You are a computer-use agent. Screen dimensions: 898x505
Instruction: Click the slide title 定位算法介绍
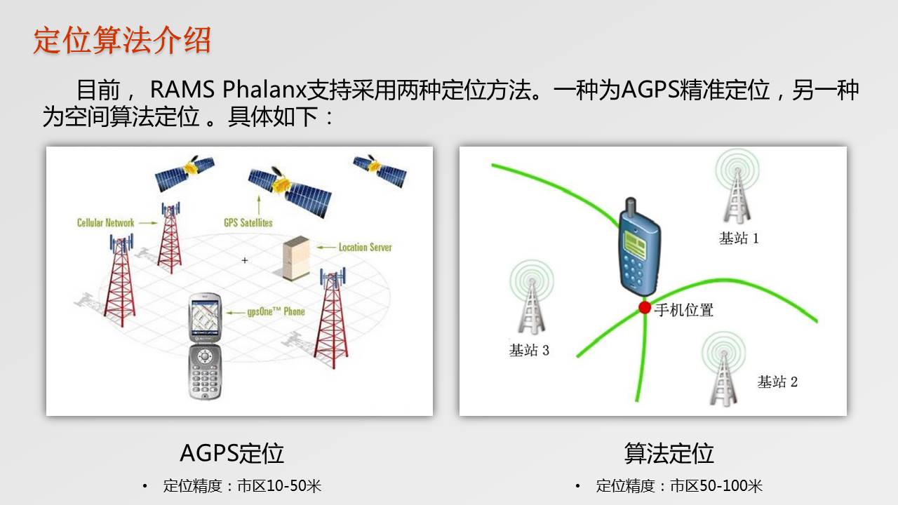(x=122, y=40)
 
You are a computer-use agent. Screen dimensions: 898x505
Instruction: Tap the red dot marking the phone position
(x=645, y=308)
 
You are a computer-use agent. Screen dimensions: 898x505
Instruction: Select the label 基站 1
(x=739, y=238)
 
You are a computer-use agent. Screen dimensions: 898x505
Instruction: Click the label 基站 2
(x=777, y=382)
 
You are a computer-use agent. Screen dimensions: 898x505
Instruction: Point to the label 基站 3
(x=529, y=350)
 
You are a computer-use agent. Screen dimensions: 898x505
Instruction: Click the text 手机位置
(x=684, y=310)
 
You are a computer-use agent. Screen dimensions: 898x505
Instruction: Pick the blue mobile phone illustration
(x=639, y=248)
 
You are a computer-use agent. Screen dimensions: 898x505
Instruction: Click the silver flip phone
(x=205, y=346)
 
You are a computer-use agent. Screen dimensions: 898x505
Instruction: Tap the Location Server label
(x=366, y=248)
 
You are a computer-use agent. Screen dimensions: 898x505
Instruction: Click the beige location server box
(x=296, y=257)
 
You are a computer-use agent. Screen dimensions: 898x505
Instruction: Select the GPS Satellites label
(x=248, y=222)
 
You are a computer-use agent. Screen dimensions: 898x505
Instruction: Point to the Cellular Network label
(x=105, y=223)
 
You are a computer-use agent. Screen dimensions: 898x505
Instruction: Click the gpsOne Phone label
(x=276, y=311)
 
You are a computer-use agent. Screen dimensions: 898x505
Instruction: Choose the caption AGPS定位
(x=232, y=453)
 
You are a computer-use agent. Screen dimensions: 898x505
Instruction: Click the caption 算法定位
(x=669, y=453)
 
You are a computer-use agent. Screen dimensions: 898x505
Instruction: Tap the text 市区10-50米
(x=279, y=486)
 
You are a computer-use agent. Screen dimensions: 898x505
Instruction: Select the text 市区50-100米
(x=716, y=486)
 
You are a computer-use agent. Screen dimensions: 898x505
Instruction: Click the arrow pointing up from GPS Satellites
(x=259, y=204)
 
